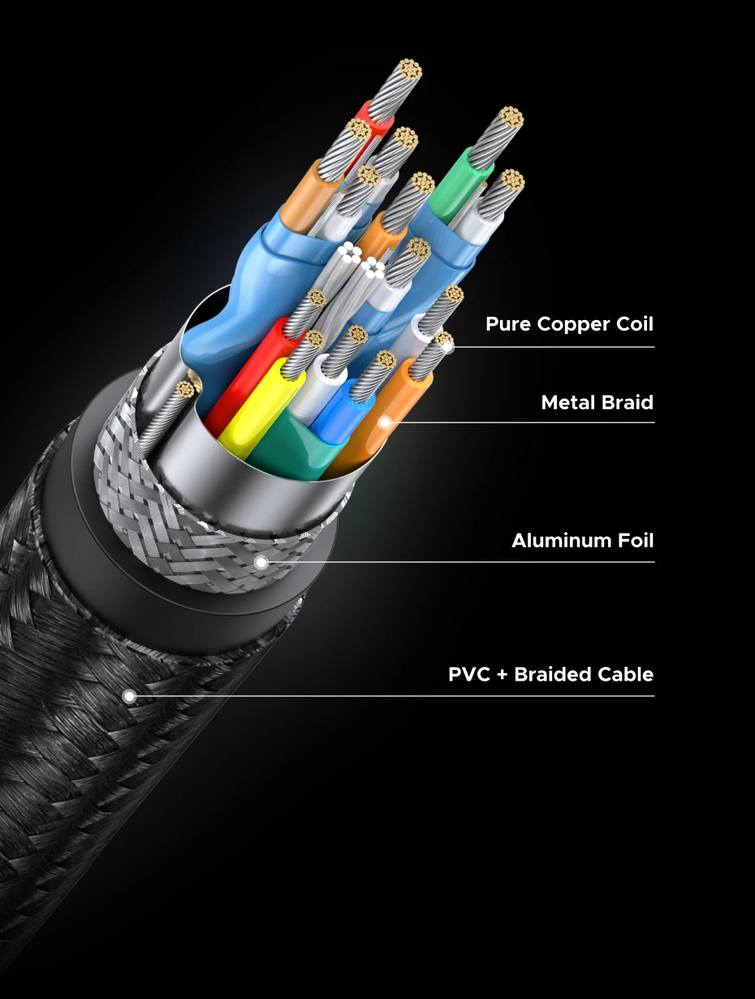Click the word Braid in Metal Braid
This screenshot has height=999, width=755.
[626, 402]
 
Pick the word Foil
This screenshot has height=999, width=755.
[632, 540]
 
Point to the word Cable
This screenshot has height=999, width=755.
[626, 674]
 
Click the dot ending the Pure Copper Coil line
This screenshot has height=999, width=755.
[447, 347]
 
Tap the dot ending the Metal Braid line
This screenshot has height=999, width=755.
[385, 422]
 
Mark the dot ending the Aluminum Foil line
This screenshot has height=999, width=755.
[261, 561]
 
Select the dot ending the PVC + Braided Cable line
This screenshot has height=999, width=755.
[128, 696]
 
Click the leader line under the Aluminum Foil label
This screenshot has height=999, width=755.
[487, 561]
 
